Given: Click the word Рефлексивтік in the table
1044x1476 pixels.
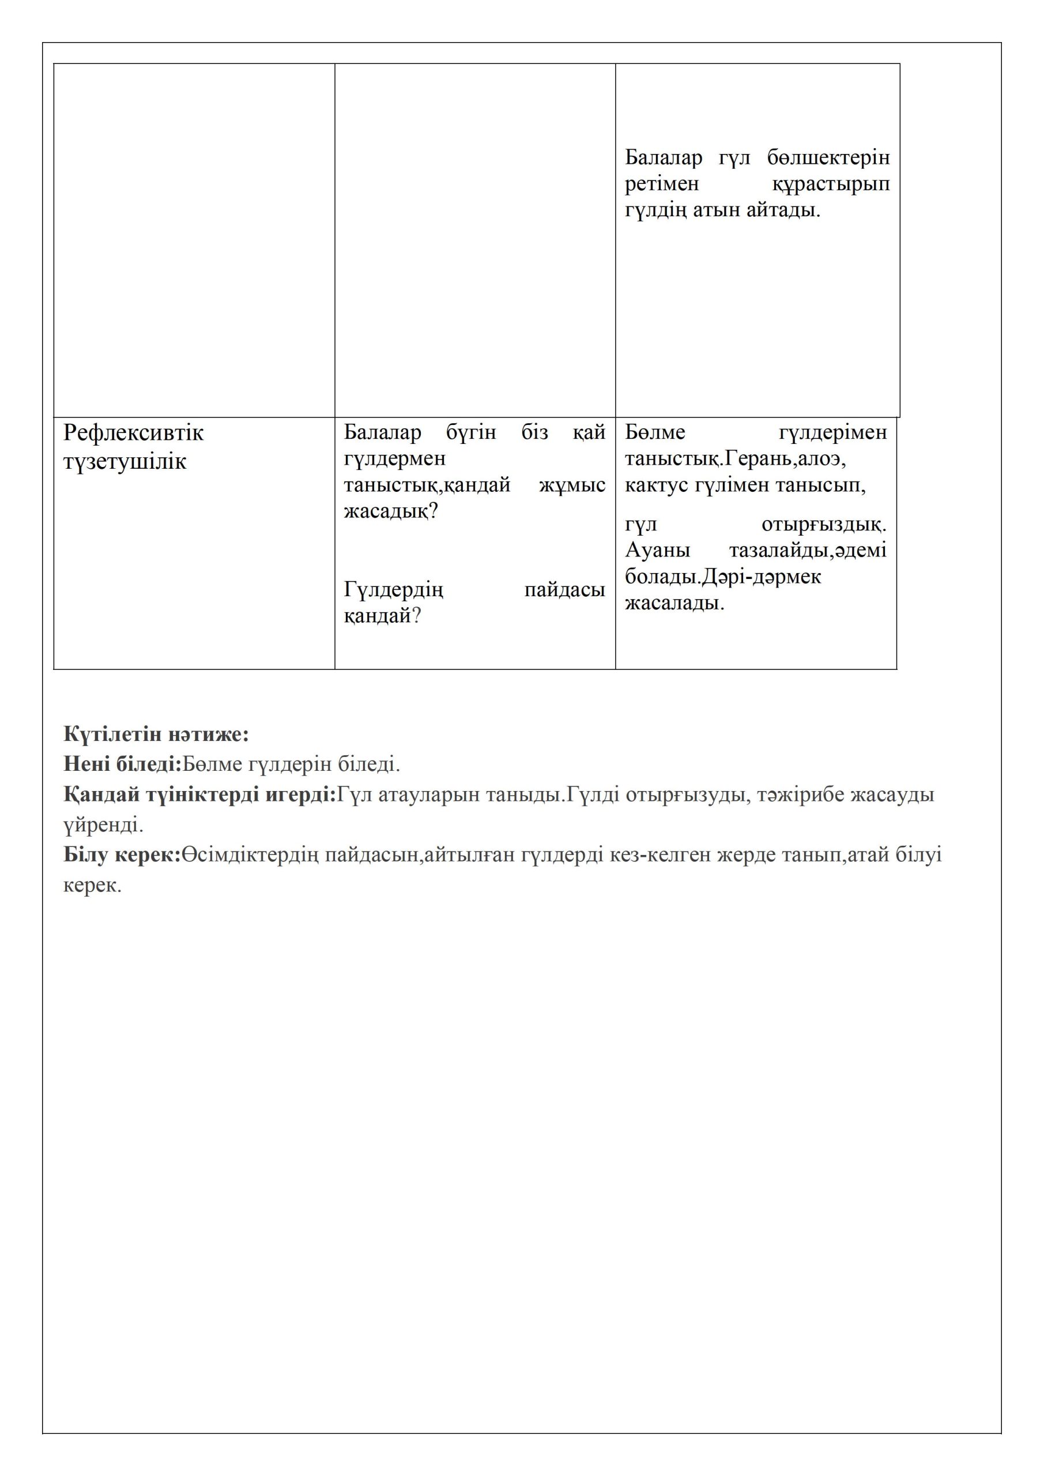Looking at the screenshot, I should tap(133, 433).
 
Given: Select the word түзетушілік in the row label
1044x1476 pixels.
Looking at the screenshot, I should tap(125, 462).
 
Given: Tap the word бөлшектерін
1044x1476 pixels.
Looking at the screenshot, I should tap(828, 157).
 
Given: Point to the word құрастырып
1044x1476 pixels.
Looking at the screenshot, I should tap(831, 184).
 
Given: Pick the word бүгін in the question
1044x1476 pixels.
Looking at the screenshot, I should tap(470, 432).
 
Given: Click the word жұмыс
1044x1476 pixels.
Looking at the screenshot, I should tap(571, 485).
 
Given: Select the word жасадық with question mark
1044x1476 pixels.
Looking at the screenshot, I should tap(390, 511).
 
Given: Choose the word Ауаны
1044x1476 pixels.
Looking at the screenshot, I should tap(657, 551).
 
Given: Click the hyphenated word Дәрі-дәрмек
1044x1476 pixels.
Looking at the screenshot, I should tap(761, 577).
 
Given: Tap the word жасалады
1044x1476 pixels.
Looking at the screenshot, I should tap(674, 604).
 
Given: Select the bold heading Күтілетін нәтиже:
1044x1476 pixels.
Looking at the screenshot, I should tap(156, 734).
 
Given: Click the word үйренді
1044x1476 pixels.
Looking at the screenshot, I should tap(103, 825).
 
